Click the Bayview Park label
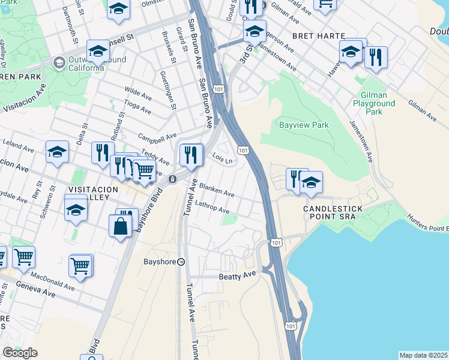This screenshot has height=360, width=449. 304,125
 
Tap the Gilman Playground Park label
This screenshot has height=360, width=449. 378,103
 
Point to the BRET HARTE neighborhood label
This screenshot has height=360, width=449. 312,36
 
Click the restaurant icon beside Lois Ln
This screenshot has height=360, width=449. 191,155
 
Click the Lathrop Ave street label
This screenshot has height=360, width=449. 211,208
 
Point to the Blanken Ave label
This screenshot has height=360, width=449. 217,190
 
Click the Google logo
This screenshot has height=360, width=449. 20,353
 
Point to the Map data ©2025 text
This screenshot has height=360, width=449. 423,355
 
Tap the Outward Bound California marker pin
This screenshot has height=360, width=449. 59,62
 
